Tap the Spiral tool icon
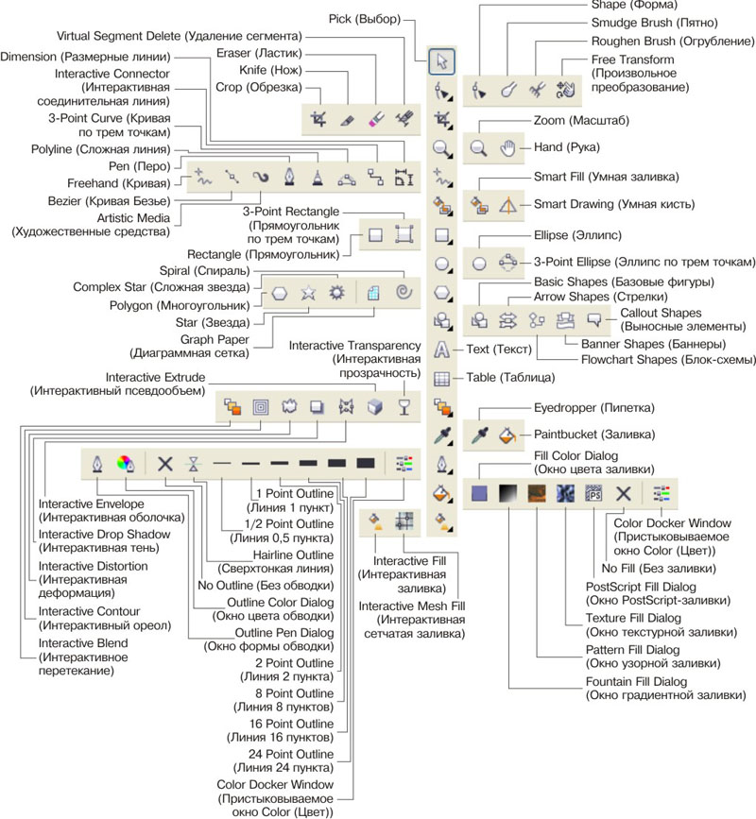404,292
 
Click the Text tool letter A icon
440,350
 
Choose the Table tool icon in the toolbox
440,379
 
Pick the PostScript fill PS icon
594,492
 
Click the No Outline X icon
165,463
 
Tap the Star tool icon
308,293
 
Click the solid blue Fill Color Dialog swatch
479,492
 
